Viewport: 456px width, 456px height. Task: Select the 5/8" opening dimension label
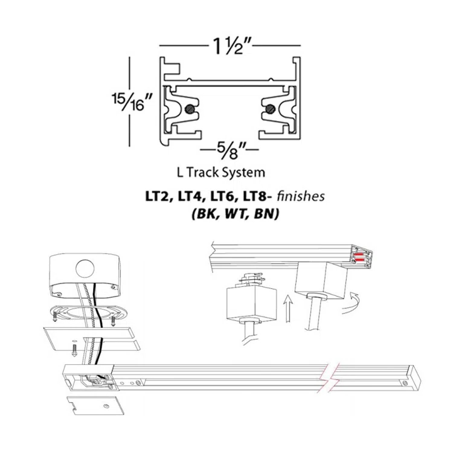pyautogui.click(x=229, y=147)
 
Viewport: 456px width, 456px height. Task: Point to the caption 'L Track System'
pyautogui.click(x=220, y=172)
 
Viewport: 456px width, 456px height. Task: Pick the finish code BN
pyautogui.click(x=264, y=214)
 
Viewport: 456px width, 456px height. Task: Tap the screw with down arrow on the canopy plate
pyautogui.click(x=72, y=348)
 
